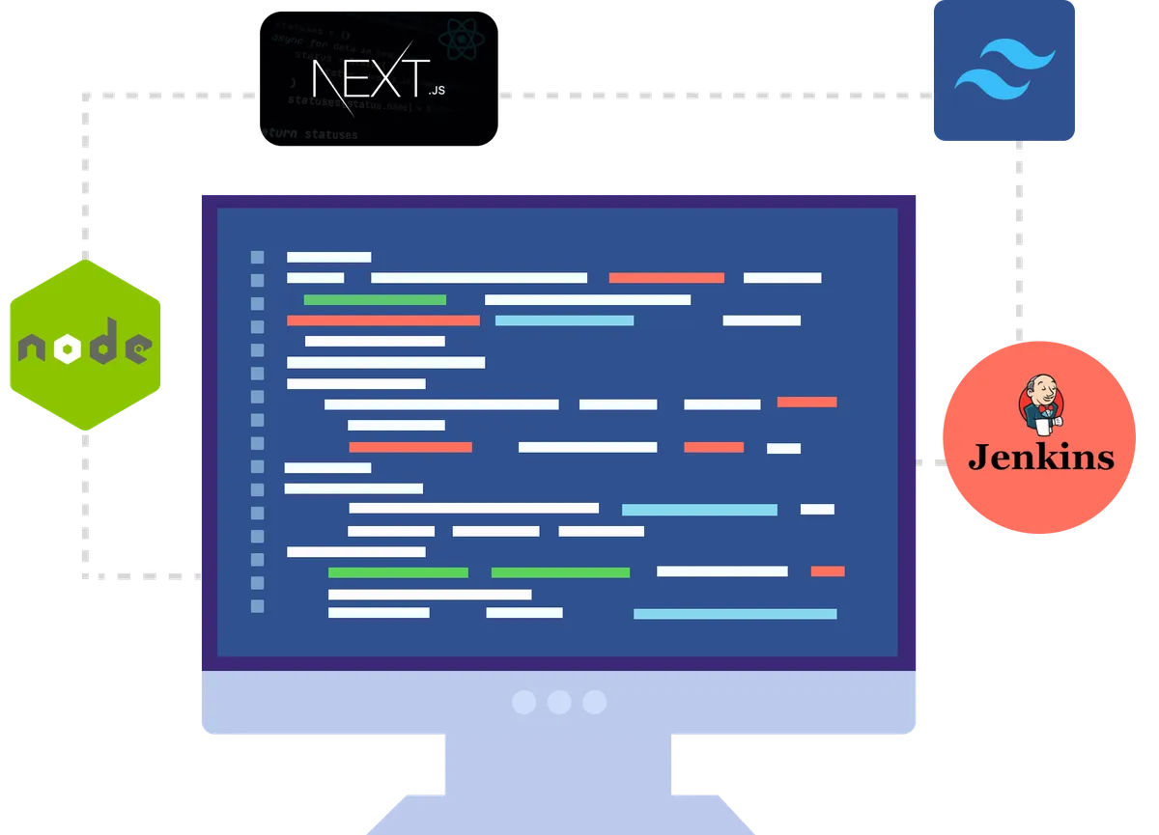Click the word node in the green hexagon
86,345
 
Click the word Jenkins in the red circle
1040,457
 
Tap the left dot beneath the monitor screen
523,702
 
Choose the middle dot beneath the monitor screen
559,702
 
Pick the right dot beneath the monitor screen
594,702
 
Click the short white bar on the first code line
328,257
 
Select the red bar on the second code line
666,278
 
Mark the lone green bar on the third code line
375,299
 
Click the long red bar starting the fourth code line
382,320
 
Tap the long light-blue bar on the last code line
735,614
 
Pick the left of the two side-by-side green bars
398,572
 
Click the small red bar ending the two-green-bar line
828,571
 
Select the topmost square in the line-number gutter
257,257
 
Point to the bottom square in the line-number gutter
257,606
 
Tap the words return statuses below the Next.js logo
307,134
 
